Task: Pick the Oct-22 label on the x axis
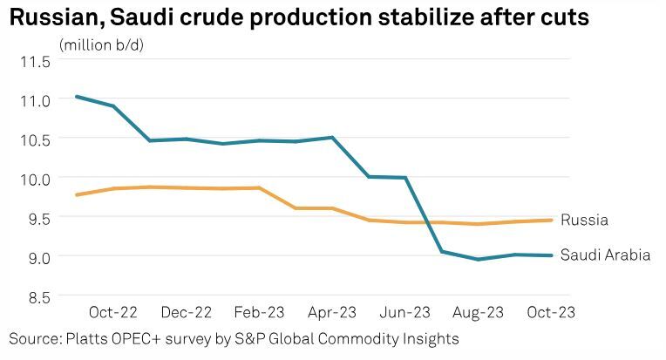[x=115, y=311]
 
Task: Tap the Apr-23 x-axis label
[x=332, y=311]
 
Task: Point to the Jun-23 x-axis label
[x=404, y=311]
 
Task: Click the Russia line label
[x=584, y=220]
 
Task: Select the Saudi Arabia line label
[x=605, y=255]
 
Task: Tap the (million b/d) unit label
[x=101, y=44]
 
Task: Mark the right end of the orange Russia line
[x=552, y=220]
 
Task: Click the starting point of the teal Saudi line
[x=78, y=96]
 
